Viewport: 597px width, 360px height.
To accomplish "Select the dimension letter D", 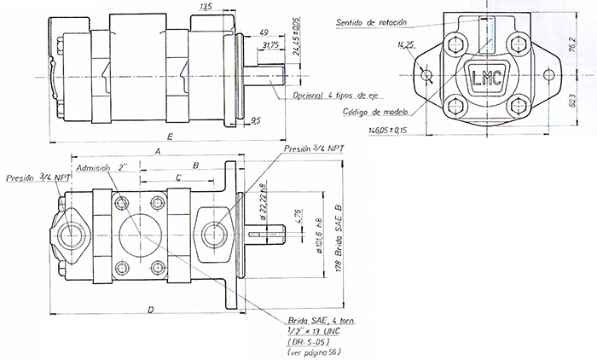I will [x=150, y=311].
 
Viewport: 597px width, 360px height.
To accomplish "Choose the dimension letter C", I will [x=177, y=176].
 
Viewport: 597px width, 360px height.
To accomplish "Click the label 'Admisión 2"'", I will [x=101, y=168].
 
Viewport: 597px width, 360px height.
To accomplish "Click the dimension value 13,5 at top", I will [x=204, y=7].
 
